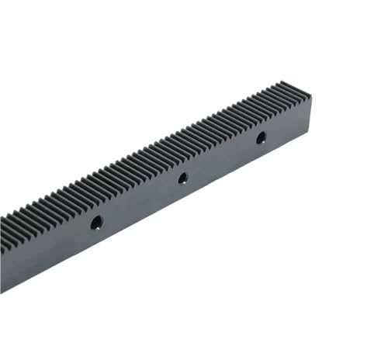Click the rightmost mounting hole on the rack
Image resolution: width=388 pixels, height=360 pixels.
click(261, 137)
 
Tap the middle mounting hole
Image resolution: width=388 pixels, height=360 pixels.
click(182, 178)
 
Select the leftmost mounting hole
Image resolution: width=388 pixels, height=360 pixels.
click(96, 223)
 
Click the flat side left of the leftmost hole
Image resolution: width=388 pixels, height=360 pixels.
click(47, 248)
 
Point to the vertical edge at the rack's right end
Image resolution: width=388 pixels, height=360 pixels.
click(311, 113)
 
